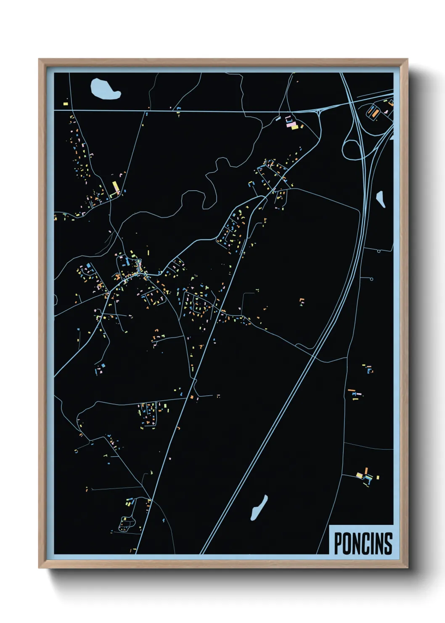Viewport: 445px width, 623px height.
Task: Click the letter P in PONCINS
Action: (338, 543)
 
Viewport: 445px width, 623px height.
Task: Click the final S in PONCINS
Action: (389, 543)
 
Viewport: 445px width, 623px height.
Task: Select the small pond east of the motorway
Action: (381, 199)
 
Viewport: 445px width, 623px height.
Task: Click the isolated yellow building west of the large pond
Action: (66, 103)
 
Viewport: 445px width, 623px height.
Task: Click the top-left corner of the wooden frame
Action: (39, 59)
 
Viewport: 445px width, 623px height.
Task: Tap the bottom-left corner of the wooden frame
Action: (39, 568)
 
